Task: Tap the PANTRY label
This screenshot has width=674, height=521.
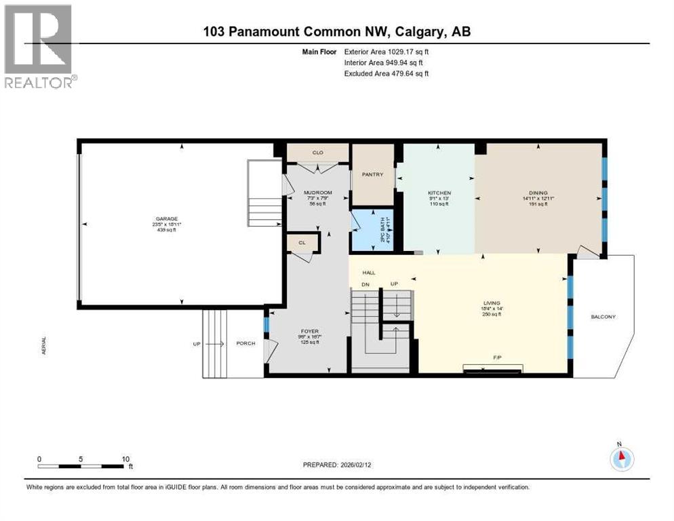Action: pyautogui.click(x=372, y=174)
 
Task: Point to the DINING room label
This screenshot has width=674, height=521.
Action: pyautogui.click(x=538, y=193)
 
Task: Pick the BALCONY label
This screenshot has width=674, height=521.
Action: pyautogui.click(x=603, y=316)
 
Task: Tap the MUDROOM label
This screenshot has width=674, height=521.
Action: pyautogui.click(x=317, y=193)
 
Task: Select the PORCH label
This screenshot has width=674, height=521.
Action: pyautogui.click(x=245, y=343)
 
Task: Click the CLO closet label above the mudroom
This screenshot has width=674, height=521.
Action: pyautogui.click(x=317, y=153)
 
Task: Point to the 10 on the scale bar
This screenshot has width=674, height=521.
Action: pyautogui.click(x=125, y=459)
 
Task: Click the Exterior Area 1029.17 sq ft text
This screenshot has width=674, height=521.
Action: pyautogui.click(x=386, y=50)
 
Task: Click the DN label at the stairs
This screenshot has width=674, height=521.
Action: pyautogui.click(x=365, y=284)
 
